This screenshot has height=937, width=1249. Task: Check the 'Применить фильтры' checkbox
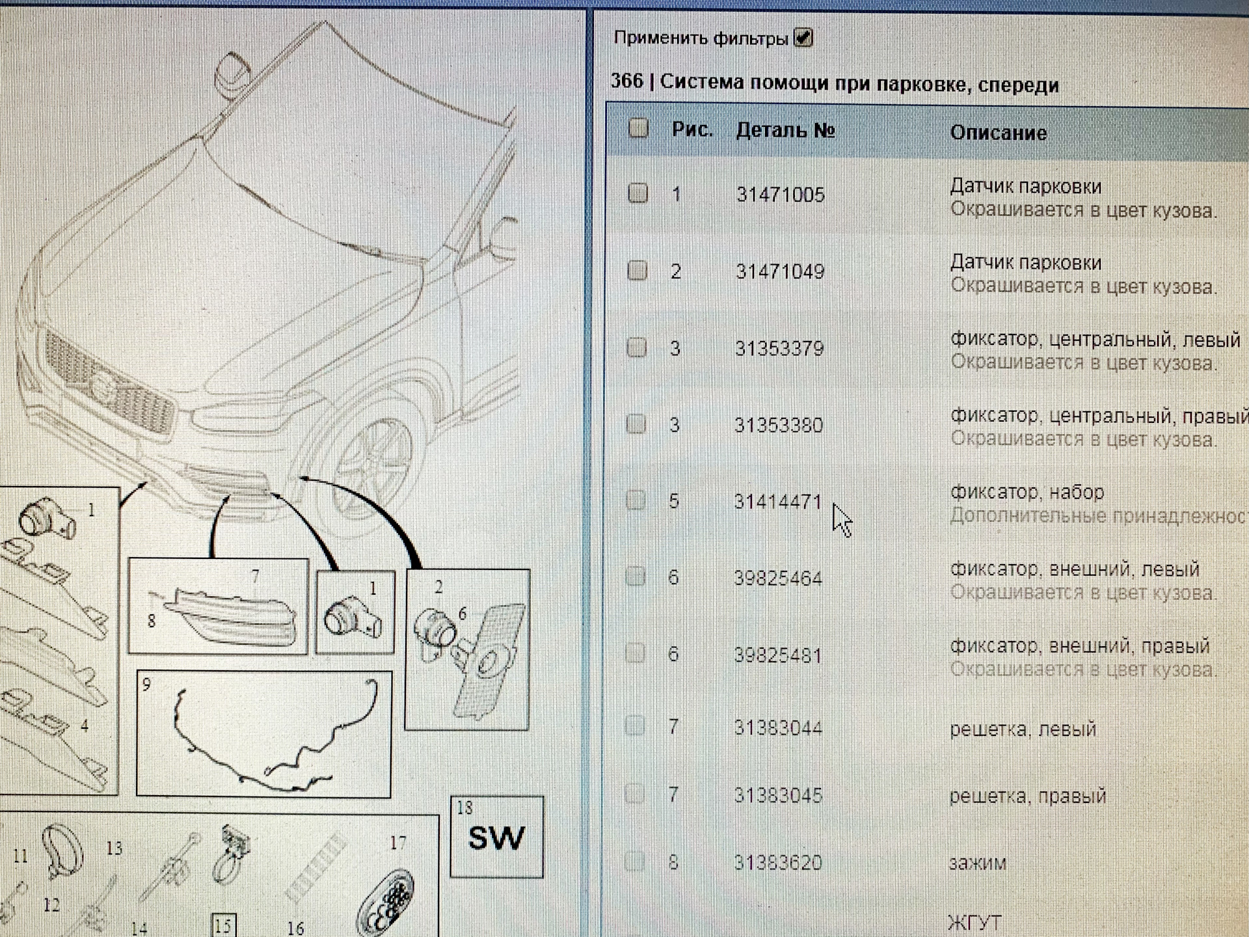coord(803,38)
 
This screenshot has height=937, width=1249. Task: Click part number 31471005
coord(780,195)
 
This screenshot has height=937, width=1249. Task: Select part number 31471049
coord(780,271)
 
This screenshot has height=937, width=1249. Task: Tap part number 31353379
coord(779,348)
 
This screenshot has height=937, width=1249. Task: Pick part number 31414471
coord(778,502)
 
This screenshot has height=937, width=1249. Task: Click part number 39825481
coord(778,655)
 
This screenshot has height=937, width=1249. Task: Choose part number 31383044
coord(778,727)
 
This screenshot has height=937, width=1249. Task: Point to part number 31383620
coord(778,863)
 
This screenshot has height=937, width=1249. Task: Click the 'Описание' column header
coord(998,133)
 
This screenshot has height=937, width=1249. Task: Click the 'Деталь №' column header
coord(785,131)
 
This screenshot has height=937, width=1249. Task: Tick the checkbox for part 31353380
coord(636,424)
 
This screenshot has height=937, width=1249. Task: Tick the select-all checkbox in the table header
coord(639,128)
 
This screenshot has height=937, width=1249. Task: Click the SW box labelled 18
coord(497,837)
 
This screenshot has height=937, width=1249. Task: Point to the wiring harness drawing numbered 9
coord(264,734)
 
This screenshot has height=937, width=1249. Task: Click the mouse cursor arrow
coord(842,520)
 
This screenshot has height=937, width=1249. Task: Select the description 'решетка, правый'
coord(1027,796)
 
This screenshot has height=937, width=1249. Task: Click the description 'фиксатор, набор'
coord(1027,493)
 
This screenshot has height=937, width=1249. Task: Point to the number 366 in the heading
coord(626,81)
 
